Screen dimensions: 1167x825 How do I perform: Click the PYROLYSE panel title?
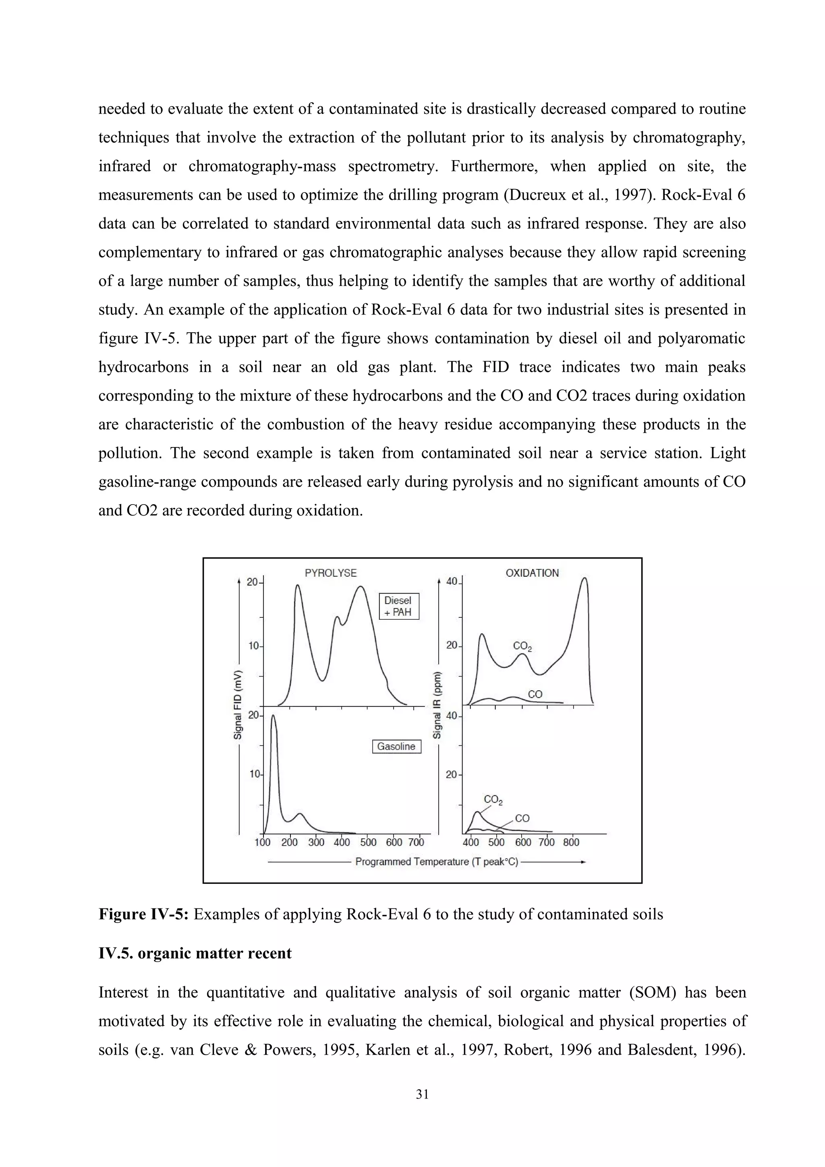pos(330,573)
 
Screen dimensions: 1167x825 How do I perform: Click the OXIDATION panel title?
pos(532,573)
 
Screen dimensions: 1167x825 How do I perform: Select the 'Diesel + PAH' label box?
pos(399,606)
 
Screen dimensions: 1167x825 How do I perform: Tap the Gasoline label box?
pos(396,747)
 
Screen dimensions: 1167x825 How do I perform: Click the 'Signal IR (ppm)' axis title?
pos(437,704)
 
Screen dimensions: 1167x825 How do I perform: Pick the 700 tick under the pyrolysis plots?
pos(416,842)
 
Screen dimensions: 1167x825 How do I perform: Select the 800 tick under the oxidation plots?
pos(571,842)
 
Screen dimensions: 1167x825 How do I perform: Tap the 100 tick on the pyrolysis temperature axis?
pos(263,842)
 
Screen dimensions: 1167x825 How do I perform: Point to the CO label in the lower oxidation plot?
pos(522,818)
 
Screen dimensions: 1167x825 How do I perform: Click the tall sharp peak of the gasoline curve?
pos(274,717)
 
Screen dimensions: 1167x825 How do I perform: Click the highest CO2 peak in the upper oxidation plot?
pos(585,578)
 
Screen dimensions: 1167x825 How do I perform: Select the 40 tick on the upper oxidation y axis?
pos(452,581)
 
